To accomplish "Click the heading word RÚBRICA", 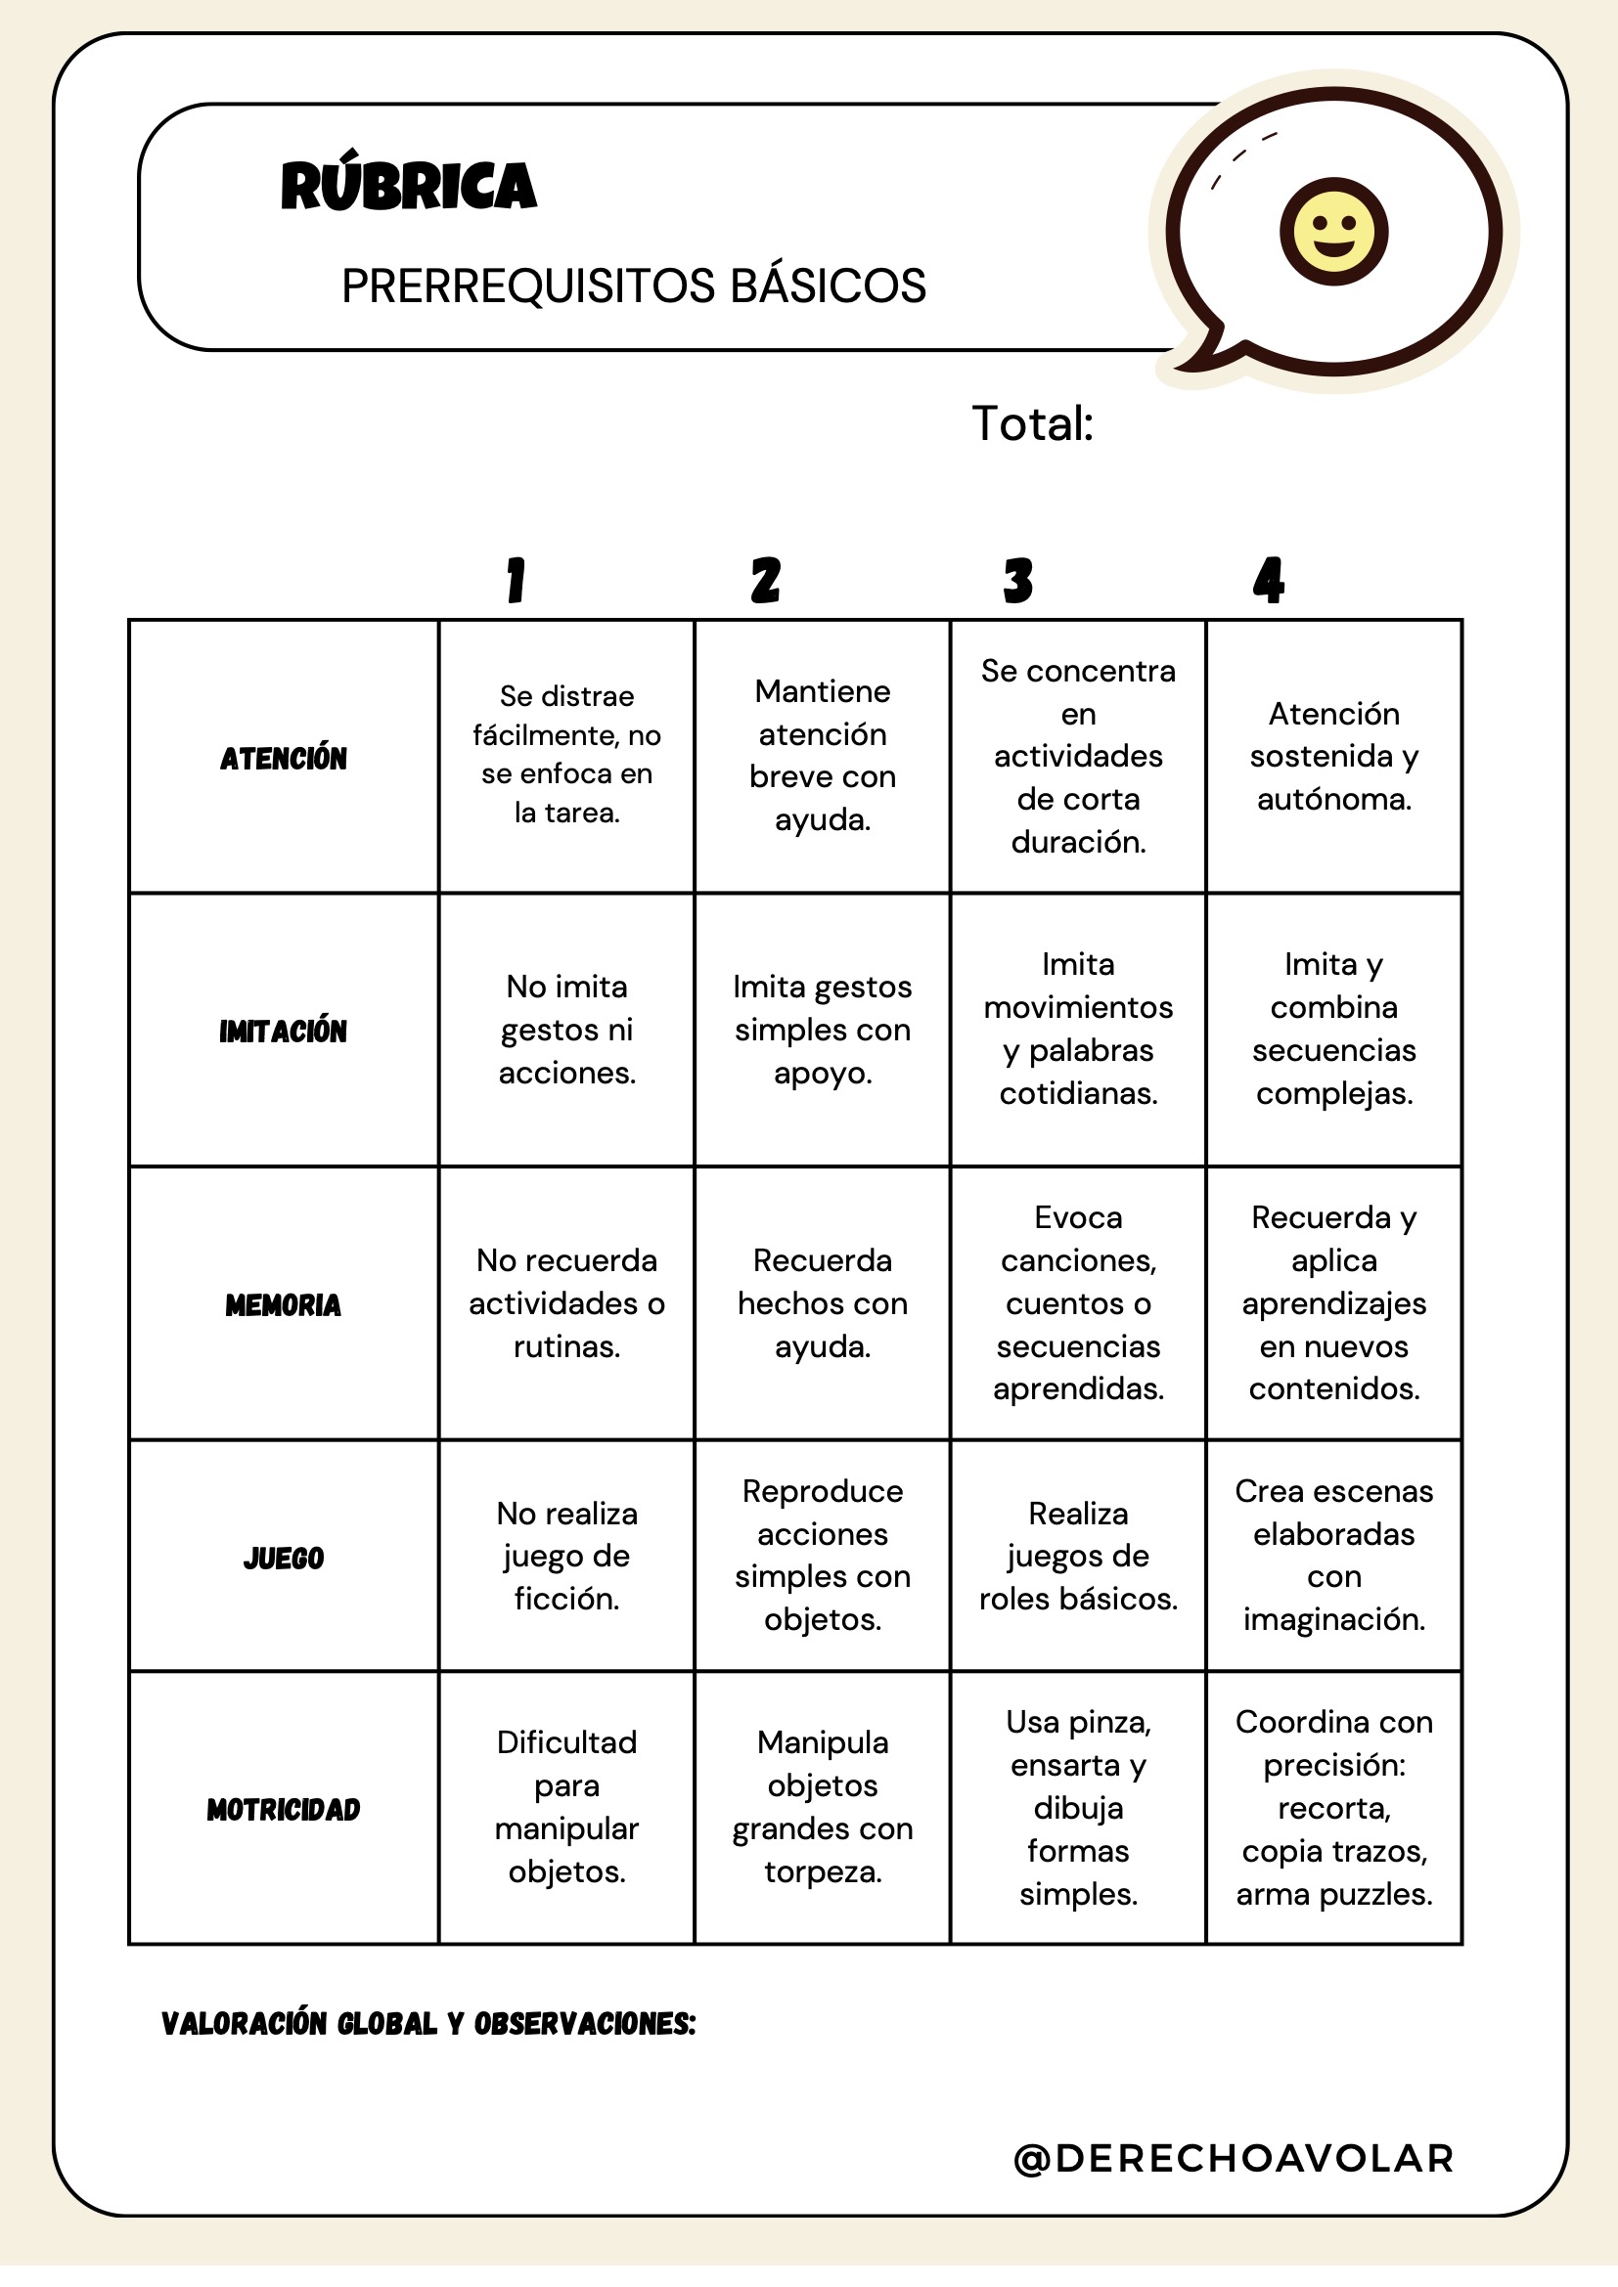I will tap(409, 187).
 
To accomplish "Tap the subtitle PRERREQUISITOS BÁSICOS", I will tap(634, 286).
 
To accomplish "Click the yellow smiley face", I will tap(1333, 232).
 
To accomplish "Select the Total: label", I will tap(1032, 423).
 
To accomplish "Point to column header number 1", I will tap(516, 580).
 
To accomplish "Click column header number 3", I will tap(1018, 580).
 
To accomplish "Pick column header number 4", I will tap(1269, 580).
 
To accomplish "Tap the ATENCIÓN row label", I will tap(284, 758).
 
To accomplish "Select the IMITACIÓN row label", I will tap(284, 1031).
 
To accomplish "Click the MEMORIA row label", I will tap(284, 1305).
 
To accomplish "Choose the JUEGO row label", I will tap(284, 1558).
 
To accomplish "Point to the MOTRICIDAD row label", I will tap(284, 1810).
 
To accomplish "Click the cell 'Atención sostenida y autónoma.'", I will tap(1334, 756).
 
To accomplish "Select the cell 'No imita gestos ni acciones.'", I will tap(567, 1030).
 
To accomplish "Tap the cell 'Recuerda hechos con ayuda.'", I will tap(823, 1302).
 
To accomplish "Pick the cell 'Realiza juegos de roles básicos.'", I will tap(1078, 1556).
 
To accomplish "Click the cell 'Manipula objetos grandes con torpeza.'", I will tap(823, 1807).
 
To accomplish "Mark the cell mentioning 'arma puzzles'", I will tap(1334, 1807).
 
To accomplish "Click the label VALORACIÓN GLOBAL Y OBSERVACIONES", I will tap(428, 2024).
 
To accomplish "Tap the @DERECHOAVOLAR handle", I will tap(1234, 2159).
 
